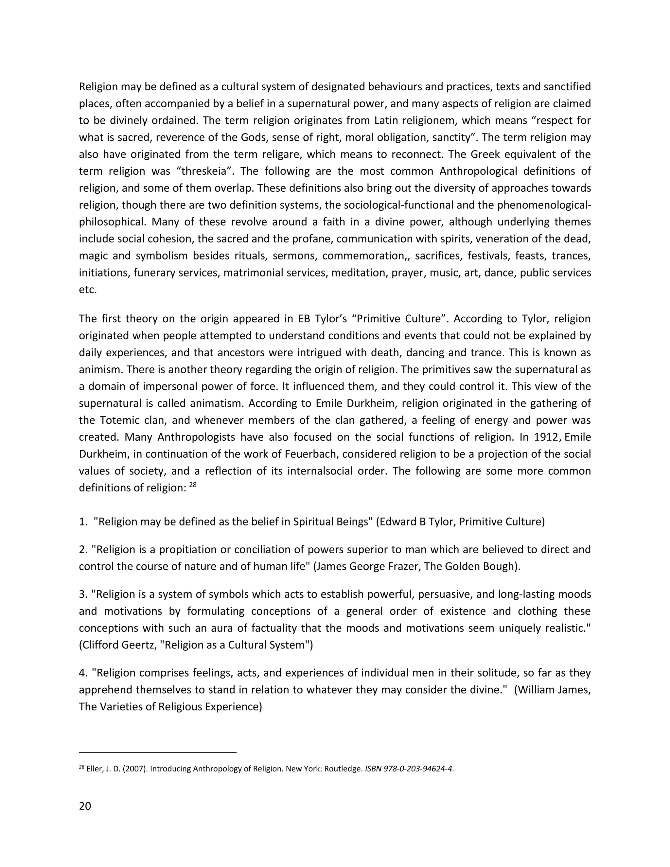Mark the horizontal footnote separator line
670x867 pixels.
coord(158,752)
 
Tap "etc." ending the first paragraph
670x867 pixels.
coord(88,290)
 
